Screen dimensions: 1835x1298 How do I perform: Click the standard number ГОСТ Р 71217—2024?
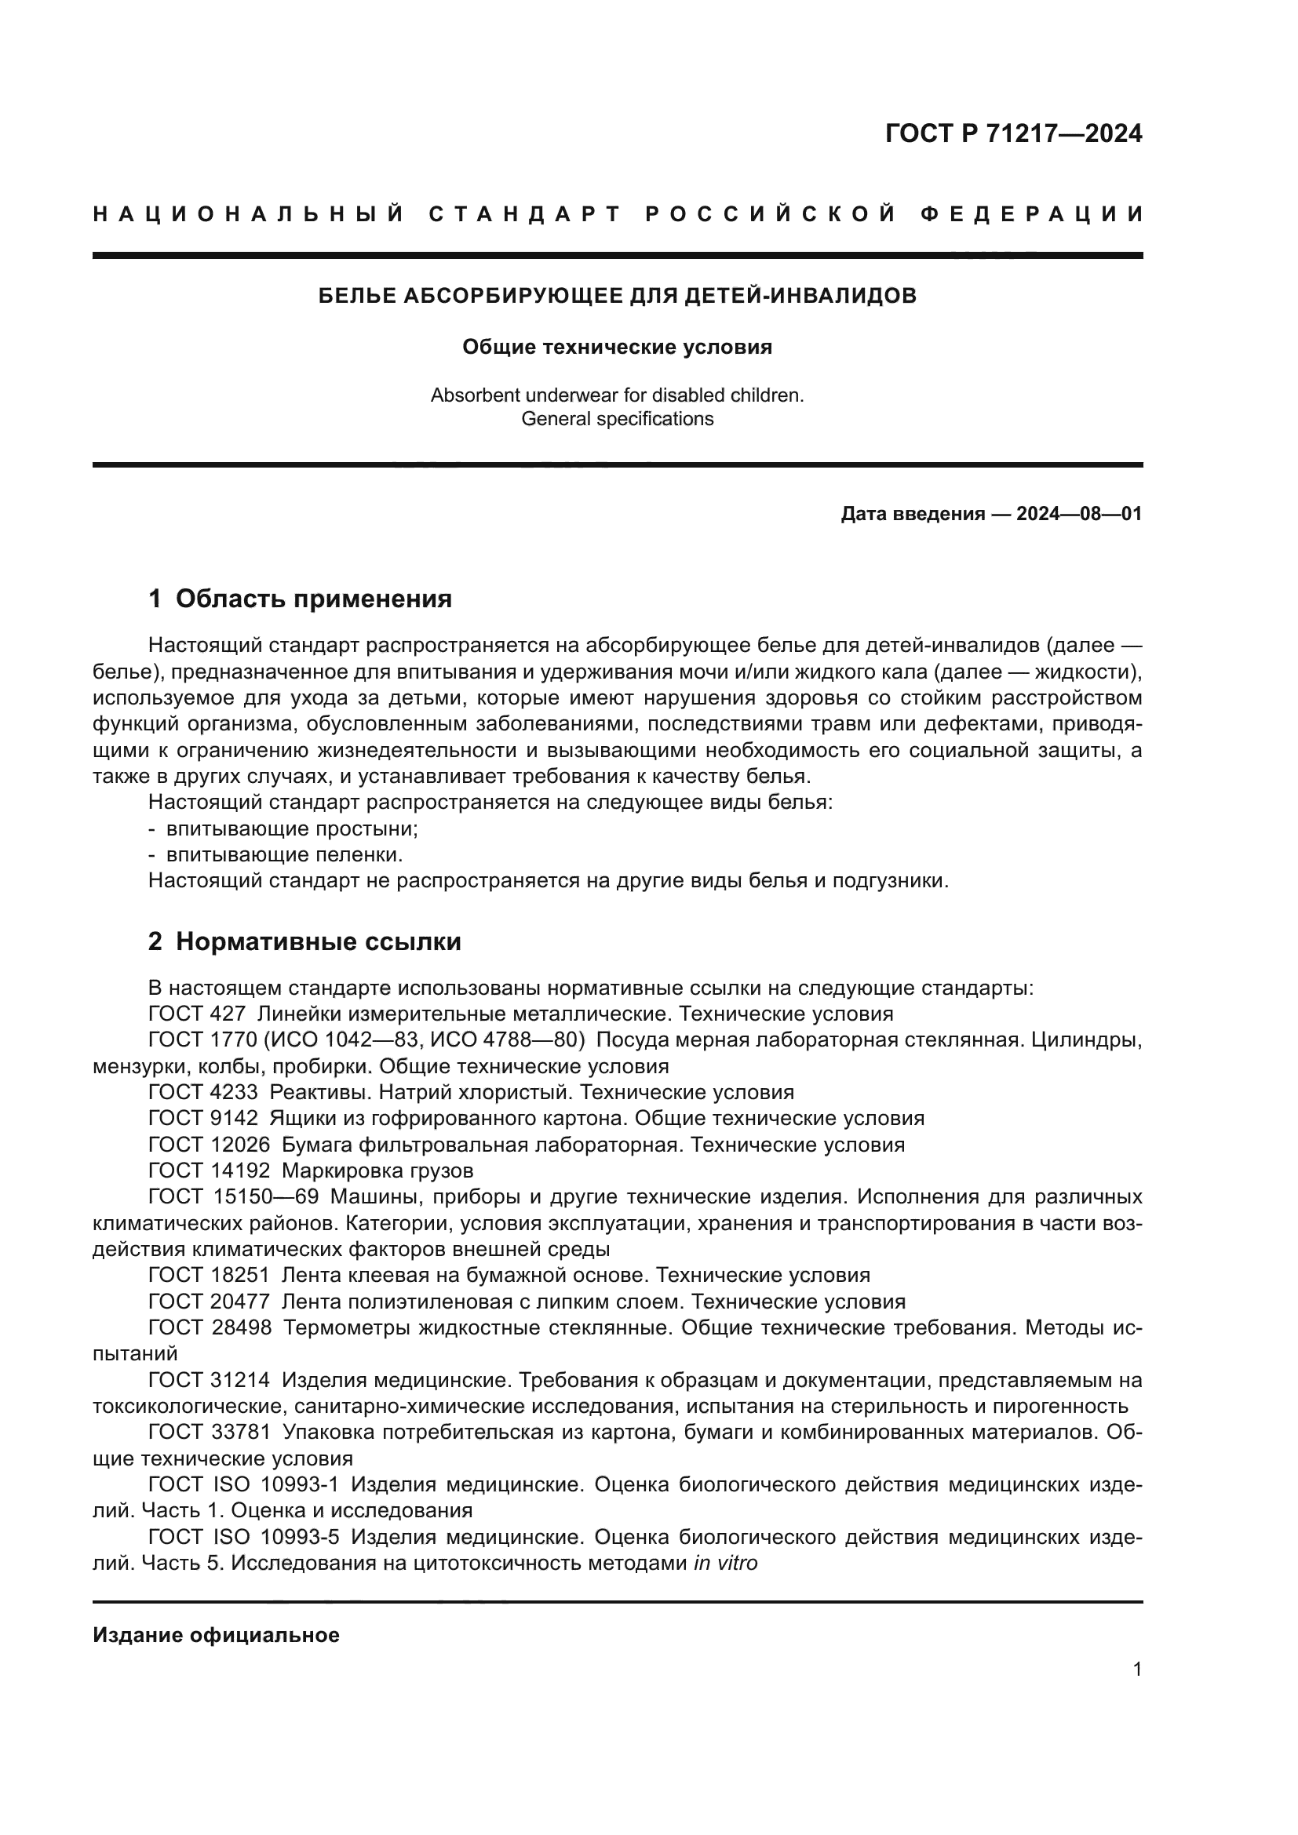(x=1012, y=133)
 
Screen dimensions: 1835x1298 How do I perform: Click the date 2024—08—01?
(x=1079, y=514)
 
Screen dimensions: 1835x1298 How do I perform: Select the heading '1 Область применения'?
(x=300, y=599)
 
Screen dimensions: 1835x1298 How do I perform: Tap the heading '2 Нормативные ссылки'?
(x=304, y=941)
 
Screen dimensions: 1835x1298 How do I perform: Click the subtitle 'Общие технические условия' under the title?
(x=617, y=347)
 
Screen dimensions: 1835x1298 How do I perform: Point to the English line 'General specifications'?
(x=617, y=419)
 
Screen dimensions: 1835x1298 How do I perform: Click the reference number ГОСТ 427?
(x=197, y=1014)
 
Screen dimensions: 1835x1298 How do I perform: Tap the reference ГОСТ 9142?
(x=203, y=1119)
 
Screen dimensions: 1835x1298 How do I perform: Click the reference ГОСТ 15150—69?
(x=233, y=1197)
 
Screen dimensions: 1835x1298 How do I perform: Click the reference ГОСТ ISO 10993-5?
(x=244, y=1538)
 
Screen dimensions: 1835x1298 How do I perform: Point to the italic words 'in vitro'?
(x=725, y=1564)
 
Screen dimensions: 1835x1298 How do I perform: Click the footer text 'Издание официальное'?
(x=216, y=1635)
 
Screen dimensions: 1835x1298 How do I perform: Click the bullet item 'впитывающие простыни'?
(x=292, y=828)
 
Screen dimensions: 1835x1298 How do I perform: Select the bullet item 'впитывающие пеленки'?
(x=284, y=855)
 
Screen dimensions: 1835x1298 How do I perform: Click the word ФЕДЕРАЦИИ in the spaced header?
(x=1032, y=214)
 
